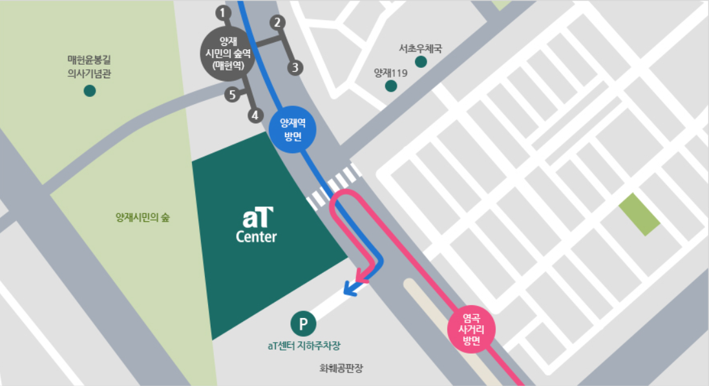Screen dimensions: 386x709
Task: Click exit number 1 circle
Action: coord(223,12)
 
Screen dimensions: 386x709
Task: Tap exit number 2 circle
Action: coord(277,23)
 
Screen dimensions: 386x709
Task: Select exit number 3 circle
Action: coord(295,67)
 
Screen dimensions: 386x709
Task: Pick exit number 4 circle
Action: coord(256,116)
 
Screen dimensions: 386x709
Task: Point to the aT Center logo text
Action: coord(257,225)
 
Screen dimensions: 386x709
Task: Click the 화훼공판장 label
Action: coord(341,369)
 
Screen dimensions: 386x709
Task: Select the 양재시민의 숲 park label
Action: coord(142,218)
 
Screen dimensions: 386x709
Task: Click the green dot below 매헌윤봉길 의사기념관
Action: coord(90,91)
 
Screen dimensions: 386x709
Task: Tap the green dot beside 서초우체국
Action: coord(421,62)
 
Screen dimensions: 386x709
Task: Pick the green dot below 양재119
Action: coord(390,86)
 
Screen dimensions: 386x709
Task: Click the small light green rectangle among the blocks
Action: coord(639,215)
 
